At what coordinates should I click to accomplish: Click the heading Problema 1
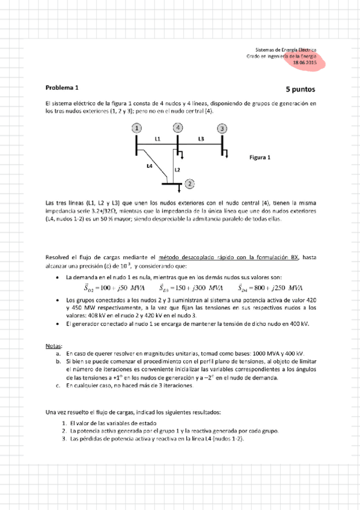(x=62, y=87)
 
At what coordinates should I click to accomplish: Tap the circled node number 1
(x=138, y=128)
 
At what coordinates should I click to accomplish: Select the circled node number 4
(x=178, y=128)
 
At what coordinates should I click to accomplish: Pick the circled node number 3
(x=222, y=129)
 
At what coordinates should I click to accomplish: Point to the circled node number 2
(x=189, y=183)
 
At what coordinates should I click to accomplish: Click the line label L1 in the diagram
(x=157, y=139)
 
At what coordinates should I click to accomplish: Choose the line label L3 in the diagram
(x=201, y=139)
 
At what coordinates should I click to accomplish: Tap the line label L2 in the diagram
(x=177, y=170)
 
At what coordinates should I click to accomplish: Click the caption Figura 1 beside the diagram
(x=260, y=158)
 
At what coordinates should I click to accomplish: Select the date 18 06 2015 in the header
(x=305, y=63)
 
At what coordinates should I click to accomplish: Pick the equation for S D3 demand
(x=189, y=287)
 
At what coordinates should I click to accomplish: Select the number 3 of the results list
(x=63, y=438)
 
